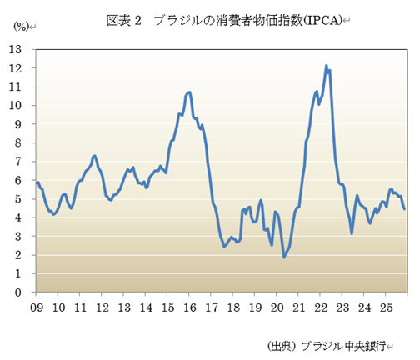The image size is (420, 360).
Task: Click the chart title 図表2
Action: point(125,21)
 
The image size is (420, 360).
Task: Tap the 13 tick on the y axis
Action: point(15,49)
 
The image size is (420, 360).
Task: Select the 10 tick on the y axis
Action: point(15,106)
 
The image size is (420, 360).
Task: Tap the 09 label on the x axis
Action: point(37,307)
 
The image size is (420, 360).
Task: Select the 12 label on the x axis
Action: point(102,307)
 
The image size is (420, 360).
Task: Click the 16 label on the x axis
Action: point(189,307)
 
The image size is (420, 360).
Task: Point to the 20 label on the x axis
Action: point(277,307)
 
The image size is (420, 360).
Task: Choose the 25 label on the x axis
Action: point(385,307)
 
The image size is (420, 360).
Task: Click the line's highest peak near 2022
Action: point(327,66)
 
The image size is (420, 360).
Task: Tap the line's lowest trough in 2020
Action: point(284,257)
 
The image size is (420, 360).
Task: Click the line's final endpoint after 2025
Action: point(405,209)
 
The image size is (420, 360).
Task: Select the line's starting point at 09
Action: point(37,182)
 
